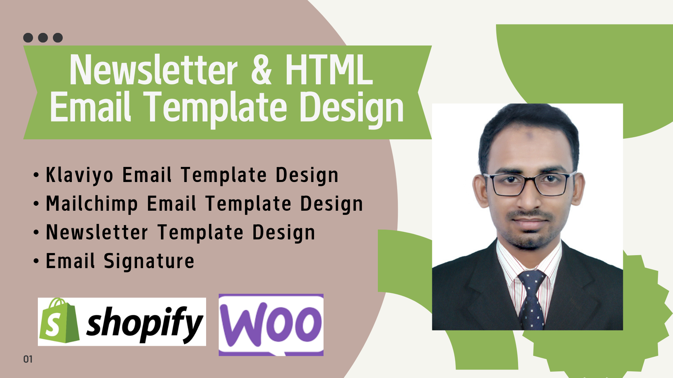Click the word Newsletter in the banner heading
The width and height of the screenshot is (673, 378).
[x=154, y=70]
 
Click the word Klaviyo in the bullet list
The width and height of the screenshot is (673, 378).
[x=80, y=175]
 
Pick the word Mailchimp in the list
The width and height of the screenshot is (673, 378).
[x=92, y=204]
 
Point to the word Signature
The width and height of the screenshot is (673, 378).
[x=149, y=261]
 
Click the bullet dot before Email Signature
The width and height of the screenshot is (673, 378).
[x=36, y=261]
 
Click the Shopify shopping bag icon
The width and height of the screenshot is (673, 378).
[x=59, y=321]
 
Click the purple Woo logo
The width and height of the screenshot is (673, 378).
[x=271, y=325]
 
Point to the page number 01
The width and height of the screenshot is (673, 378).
[x=28, y=359]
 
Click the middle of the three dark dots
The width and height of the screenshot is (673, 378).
[x=43, y=37]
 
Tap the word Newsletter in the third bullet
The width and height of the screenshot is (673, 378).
[x=97, y=232]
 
